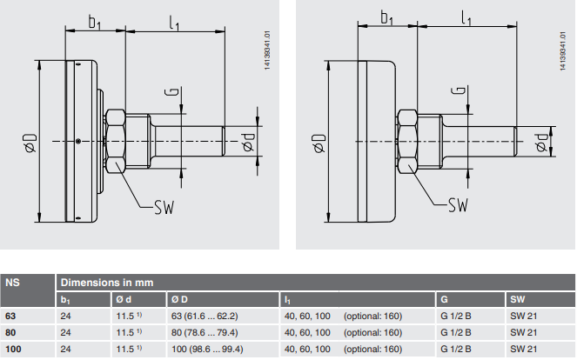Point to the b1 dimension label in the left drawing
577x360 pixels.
pyautogui.click(x=97, y=20)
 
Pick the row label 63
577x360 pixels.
pyautogui.click(x=10, y=316)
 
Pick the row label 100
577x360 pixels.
pyautogui.click(x=13, y=349)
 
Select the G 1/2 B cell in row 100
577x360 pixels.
pyautogui.click(x=456, y=349)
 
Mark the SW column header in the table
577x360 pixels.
pyautogui.click(x=518, y=300)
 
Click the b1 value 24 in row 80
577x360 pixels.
pyautogui.click(x=65, y=332)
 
